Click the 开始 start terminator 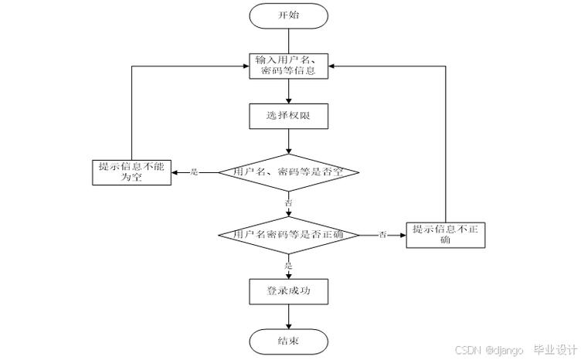tap(288, 15)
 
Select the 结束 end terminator tap(288, 341)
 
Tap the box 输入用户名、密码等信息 tap(288, 66)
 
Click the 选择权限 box tap(288, 116)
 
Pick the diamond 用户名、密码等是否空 tap(288, 172)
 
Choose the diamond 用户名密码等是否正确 tap(288, 233)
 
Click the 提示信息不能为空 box tap(131, 172)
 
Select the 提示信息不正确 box tap(446, 233)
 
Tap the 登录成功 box tap(288, 291)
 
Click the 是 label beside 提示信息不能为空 tap(195, 172)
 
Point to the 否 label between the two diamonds tap(290, 202)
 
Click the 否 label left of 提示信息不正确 tap(382, 234)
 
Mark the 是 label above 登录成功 tap(290, 265)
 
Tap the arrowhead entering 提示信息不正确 tap(403, 233)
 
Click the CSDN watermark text tap(468, 350)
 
